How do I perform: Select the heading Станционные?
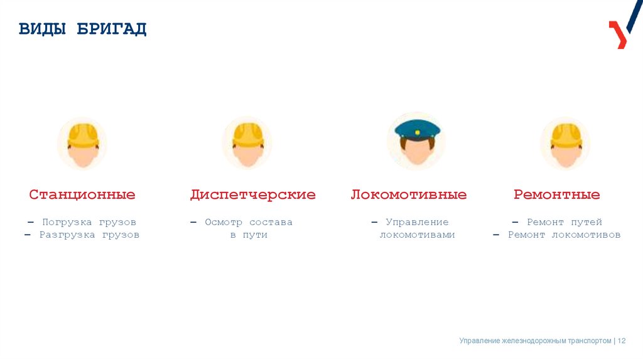82,194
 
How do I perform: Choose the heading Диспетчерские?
252,194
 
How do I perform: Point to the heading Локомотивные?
409,194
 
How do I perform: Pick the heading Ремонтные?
557,194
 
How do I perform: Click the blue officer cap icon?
417,129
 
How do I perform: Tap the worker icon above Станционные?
83,143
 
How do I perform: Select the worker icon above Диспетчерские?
247,143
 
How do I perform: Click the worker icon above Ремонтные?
566,143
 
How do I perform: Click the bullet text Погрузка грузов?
89,222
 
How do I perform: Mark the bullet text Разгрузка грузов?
89,235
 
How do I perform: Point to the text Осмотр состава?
249,222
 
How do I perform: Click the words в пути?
249,235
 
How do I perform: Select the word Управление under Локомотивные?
417,222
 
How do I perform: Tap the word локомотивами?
417,235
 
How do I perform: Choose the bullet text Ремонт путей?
565,222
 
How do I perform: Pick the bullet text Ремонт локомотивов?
564,235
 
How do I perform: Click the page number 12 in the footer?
622,341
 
